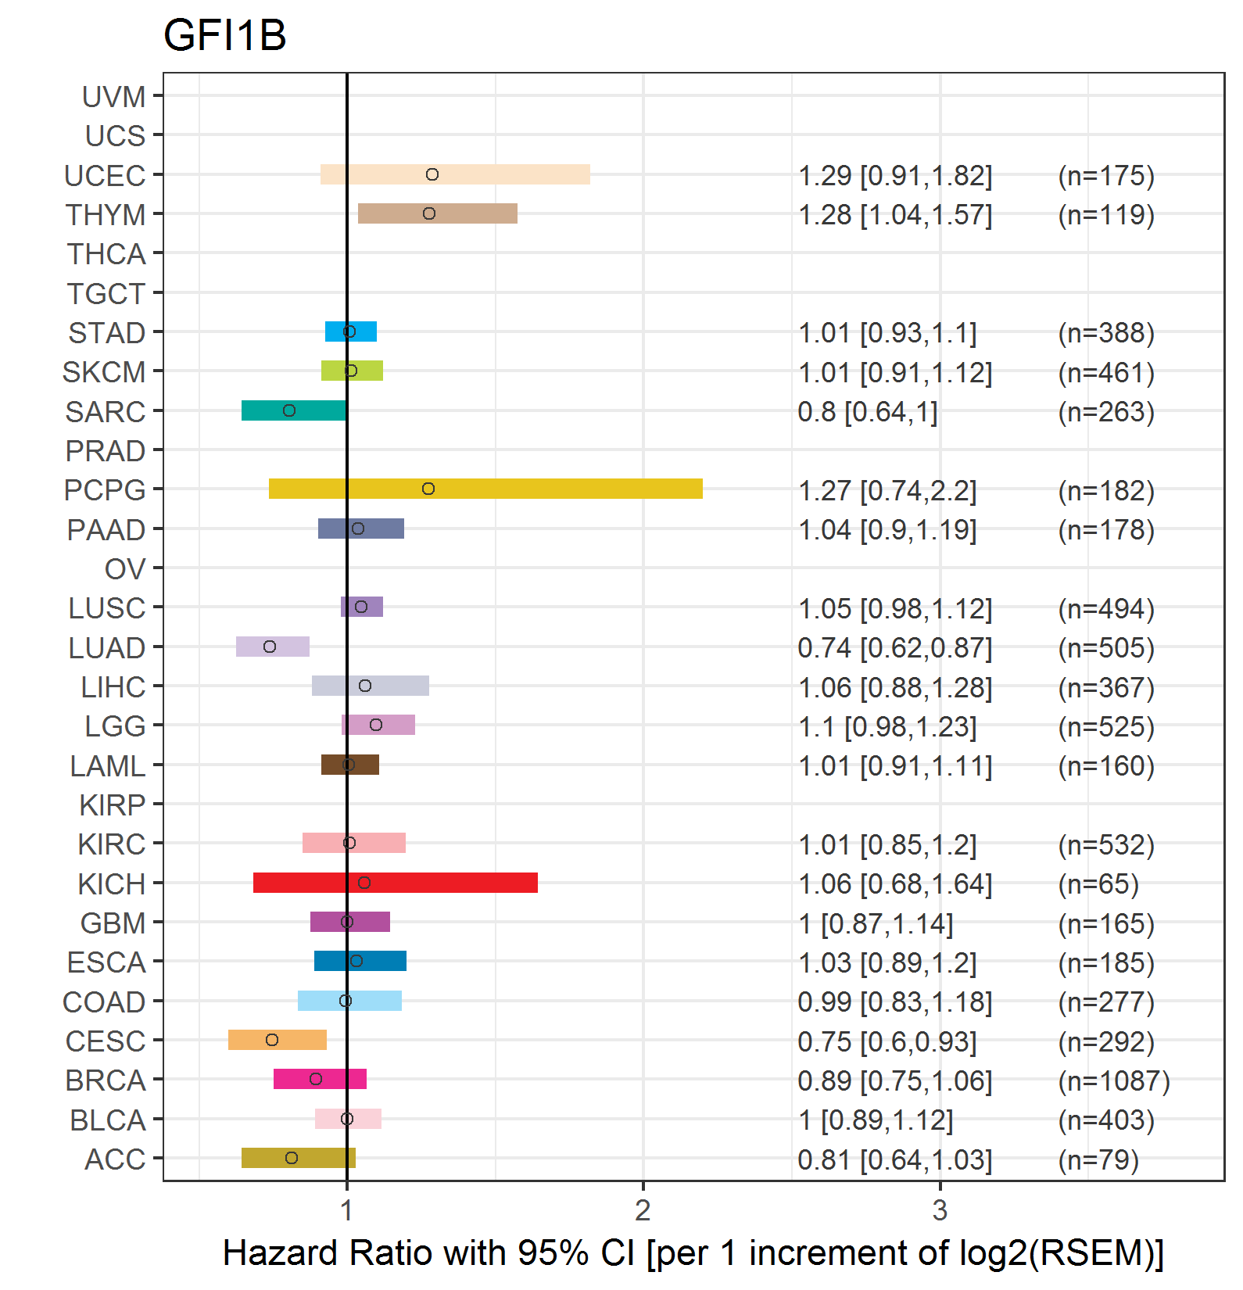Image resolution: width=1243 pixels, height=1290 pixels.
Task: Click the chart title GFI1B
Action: [x=225, y=35]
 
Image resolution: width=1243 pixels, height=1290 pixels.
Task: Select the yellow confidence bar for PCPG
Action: [x=485, y=489]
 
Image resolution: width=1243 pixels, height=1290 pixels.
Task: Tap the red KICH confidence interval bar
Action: [x=396, y=883]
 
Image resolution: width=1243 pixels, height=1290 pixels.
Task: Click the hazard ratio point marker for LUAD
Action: [x=270, y=647]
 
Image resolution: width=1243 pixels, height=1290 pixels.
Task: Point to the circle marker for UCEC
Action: [x=432, y=174]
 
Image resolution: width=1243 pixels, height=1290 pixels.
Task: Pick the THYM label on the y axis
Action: [x=106, y=215]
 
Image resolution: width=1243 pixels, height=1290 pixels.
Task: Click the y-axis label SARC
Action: [x=106, y=412]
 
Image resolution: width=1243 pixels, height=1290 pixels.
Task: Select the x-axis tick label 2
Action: [x=643, y=1210]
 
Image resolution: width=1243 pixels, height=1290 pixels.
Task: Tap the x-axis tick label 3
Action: [x=940, y=1210]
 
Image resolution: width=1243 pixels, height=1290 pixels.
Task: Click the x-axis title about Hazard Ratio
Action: [x=693, y=1252]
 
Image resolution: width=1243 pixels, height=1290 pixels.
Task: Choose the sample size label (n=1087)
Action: [x=1114, y=1080]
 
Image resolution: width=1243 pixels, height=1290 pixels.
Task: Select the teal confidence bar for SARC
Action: [x=294, y=410]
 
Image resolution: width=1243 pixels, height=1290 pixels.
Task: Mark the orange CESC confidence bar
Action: [x=278, y=1040]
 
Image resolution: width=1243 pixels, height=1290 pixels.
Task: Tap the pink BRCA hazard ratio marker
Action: [x=316, y=1079]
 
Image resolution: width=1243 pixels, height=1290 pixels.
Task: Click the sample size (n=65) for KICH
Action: [x=1098, y=884]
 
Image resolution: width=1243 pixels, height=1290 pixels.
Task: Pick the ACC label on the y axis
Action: [x=115, y=1159]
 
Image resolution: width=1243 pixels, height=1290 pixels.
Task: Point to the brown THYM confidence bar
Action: [x=438, y=213]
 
